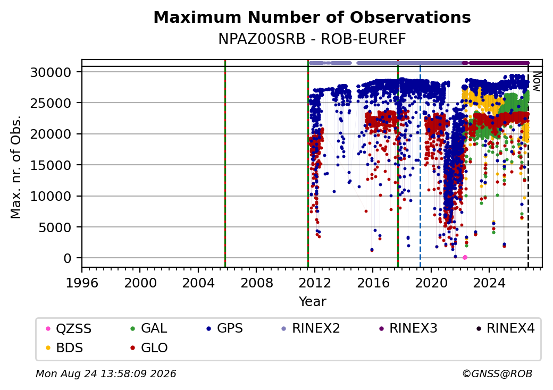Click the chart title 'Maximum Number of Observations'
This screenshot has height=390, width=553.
312,17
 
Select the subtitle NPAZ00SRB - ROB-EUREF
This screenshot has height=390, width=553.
312,39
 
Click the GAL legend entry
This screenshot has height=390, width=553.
148,328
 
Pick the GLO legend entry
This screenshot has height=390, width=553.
149,348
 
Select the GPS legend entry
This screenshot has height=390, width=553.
224,328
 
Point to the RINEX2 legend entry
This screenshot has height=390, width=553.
311,328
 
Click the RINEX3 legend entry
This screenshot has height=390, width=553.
408,328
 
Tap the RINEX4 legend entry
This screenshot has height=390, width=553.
505,328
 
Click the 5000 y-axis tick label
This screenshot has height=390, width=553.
54,227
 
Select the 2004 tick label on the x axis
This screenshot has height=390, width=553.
198,283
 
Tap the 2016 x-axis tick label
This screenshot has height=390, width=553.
373,283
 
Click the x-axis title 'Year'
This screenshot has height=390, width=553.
313,302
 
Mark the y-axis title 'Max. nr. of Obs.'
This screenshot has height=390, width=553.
16,167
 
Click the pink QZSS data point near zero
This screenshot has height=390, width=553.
465,258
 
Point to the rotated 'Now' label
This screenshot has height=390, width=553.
537,82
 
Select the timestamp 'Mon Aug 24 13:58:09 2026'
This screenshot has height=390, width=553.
106,374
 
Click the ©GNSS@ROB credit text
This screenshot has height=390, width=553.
497,374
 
